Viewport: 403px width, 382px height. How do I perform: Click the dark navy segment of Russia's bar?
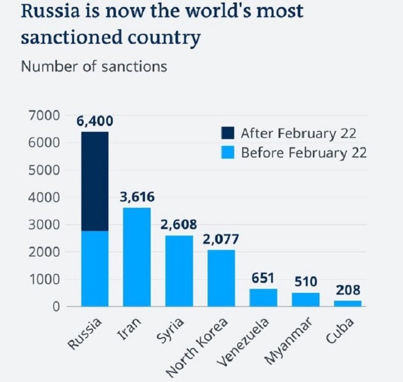tap(95, 181)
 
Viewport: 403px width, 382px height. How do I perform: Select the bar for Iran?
tap(137, 257)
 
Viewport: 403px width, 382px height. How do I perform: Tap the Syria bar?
tap(179, 271)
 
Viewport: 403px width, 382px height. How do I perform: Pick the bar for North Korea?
tap(221, 278)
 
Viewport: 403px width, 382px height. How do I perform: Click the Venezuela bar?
tap(263, 297)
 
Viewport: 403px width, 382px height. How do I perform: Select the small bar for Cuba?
tap(348, 303)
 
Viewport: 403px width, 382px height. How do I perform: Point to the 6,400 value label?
tap(95, 122)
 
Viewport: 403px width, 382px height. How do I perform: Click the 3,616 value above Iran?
tap(137, 197)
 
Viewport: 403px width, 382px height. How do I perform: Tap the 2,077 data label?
tap(222, 239)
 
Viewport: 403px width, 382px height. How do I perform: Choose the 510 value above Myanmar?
tap(306, 282)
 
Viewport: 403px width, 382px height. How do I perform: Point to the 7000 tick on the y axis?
tap(47, 116)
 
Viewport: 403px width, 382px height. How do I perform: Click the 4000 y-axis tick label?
tap(47, 198)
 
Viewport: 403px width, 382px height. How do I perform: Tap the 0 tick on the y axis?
tap(57, 307)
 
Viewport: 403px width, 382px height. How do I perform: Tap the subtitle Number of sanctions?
tap(94, 66)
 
